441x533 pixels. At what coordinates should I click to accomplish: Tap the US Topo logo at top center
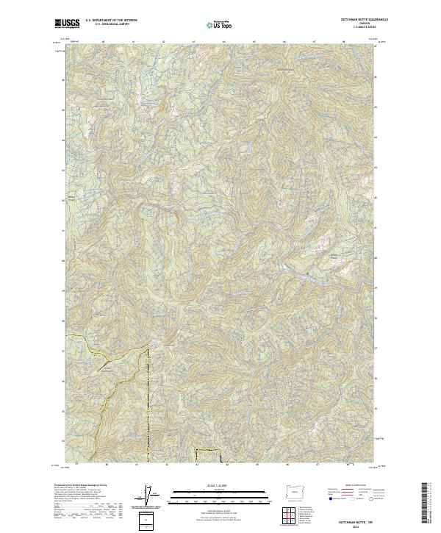215,24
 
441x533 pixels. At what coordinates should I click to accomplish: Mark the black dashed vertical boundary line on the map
148,397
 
